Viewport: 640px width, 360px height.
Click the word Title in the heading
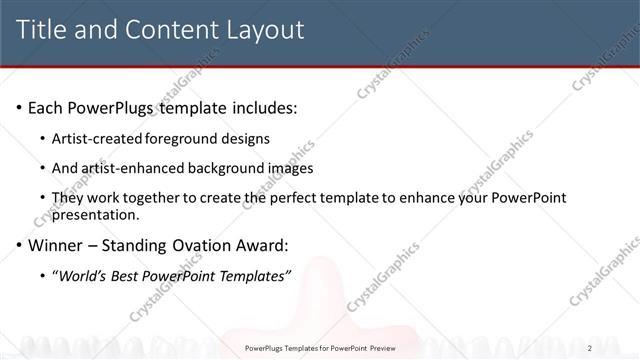41,30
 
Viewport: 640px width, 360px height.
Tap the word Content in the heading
165,30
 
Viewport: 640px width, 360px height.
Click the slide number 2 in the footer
590,348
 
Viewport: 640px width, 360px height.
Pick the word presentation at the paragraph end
94,214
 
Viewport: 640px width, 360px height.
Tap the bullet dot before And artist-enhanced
43,168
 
